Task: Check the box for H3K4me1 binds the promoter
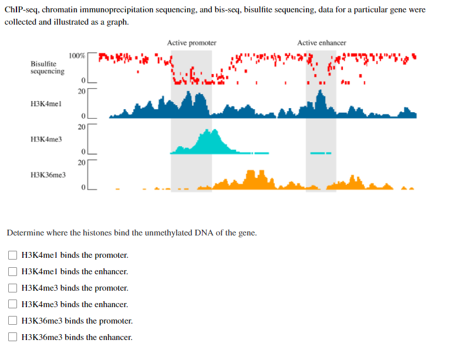click(12, 255)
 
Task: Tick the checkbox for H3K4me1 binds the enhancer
click(12, 272)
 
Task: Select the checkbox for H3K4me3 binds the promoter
click(12, 288)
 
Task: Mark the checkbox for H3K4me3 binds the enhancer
click(12, 305)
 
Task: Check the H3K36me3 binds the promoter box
click(12, 321)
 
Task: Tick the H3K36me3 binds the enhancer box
click(12, 338)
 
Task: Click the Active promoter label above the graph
click(191, 43)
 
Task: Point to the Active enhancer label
click(321, 43)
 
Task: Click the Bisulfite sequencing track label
click(48, 67)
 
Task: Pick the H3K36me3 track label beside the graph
click(48, 175)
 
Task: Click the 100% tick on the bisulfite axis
click(77, 56)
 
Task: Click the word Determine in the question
click(24, 233)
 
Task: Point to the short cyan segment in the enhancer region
click(321, 153)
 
